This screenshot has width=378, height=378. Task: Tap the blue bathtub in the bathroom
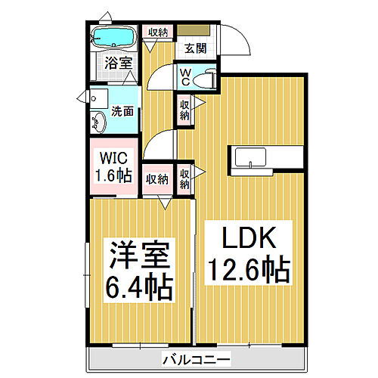113,37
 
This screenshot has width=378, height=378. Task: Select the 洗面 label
122,110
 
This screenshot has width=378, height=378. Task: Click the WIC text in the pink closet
113,160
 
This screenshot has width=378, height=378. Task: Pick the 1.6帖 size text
113,177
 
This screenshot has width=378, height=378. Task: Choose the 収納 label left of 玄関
158,32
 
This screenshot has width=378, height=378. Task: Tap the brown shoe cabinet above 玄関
194,32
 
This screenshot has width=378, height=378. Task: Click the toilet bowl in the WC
205,78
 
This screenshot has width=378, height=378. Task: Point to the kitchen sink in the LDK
249,158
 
